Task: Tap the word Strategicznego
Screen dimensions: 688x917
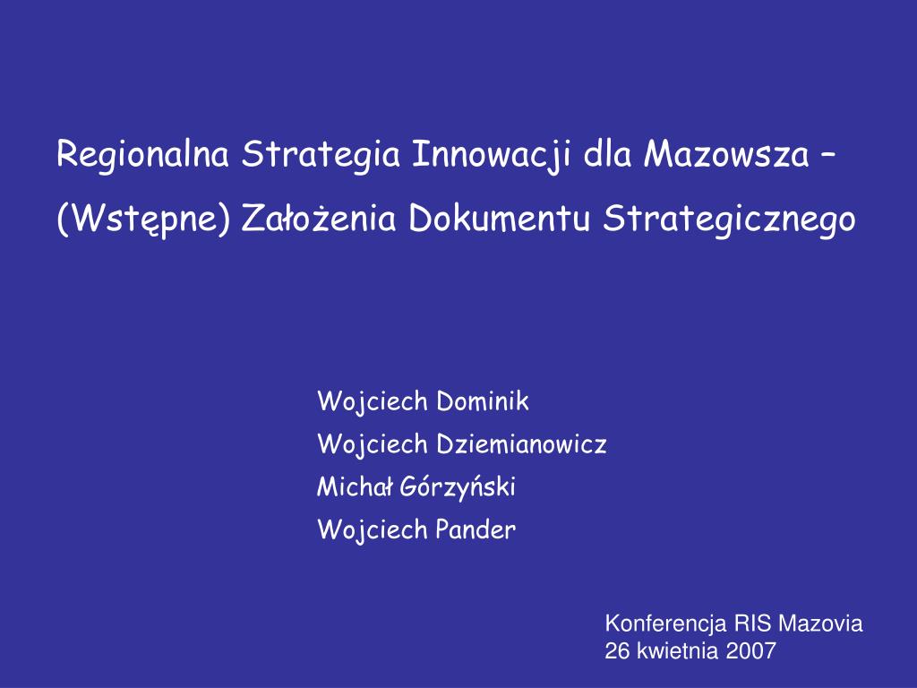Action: coord(729,218)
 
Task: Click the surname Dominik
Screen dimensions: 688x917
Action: coord(483,401)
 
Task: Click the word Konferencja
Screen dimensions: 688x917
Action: coord(667,624)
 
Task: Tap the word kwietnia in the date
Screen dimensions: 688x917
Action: coord(678,651)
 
